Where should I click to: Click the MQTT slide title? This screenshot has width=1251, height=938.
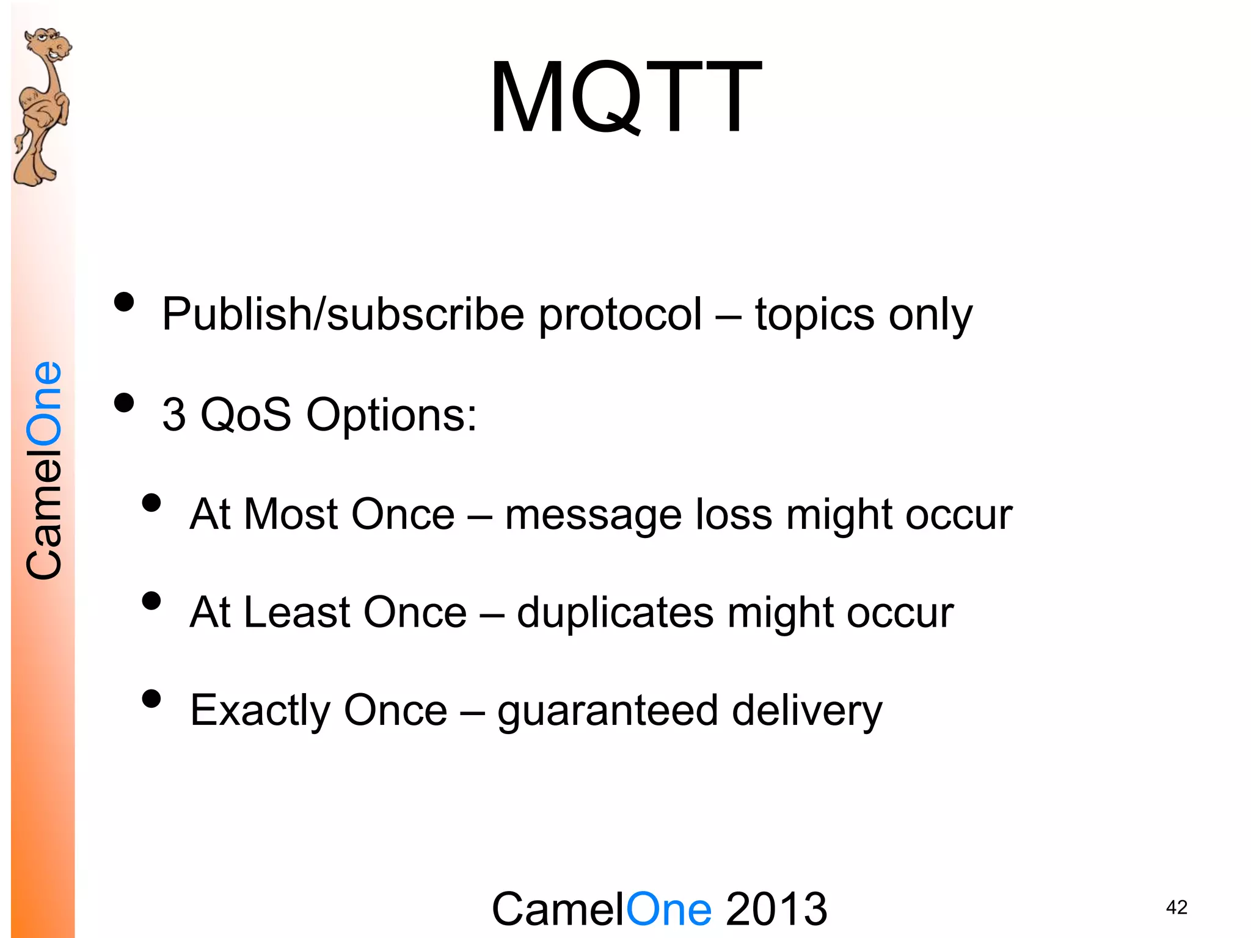[x=625, y=98]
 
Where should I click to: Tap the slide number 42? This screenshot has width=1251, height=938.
[x=1176, y=907]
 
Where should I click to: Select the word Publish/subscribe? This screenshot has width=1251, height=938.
[x=343, y=314]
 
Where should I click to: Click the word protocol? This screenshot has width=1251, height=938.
[x=620, y=314]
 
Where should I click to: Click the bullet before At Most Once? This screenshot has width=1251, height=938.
[x=151, y=503]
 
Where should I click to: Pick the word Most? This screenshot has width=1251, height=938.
[x=290, y=514]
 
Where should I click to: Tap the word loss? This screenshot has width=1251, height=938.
[x=734, y=514]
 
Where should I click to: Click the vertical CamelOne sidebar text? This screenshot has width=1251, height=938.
[x=44, y=470]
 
